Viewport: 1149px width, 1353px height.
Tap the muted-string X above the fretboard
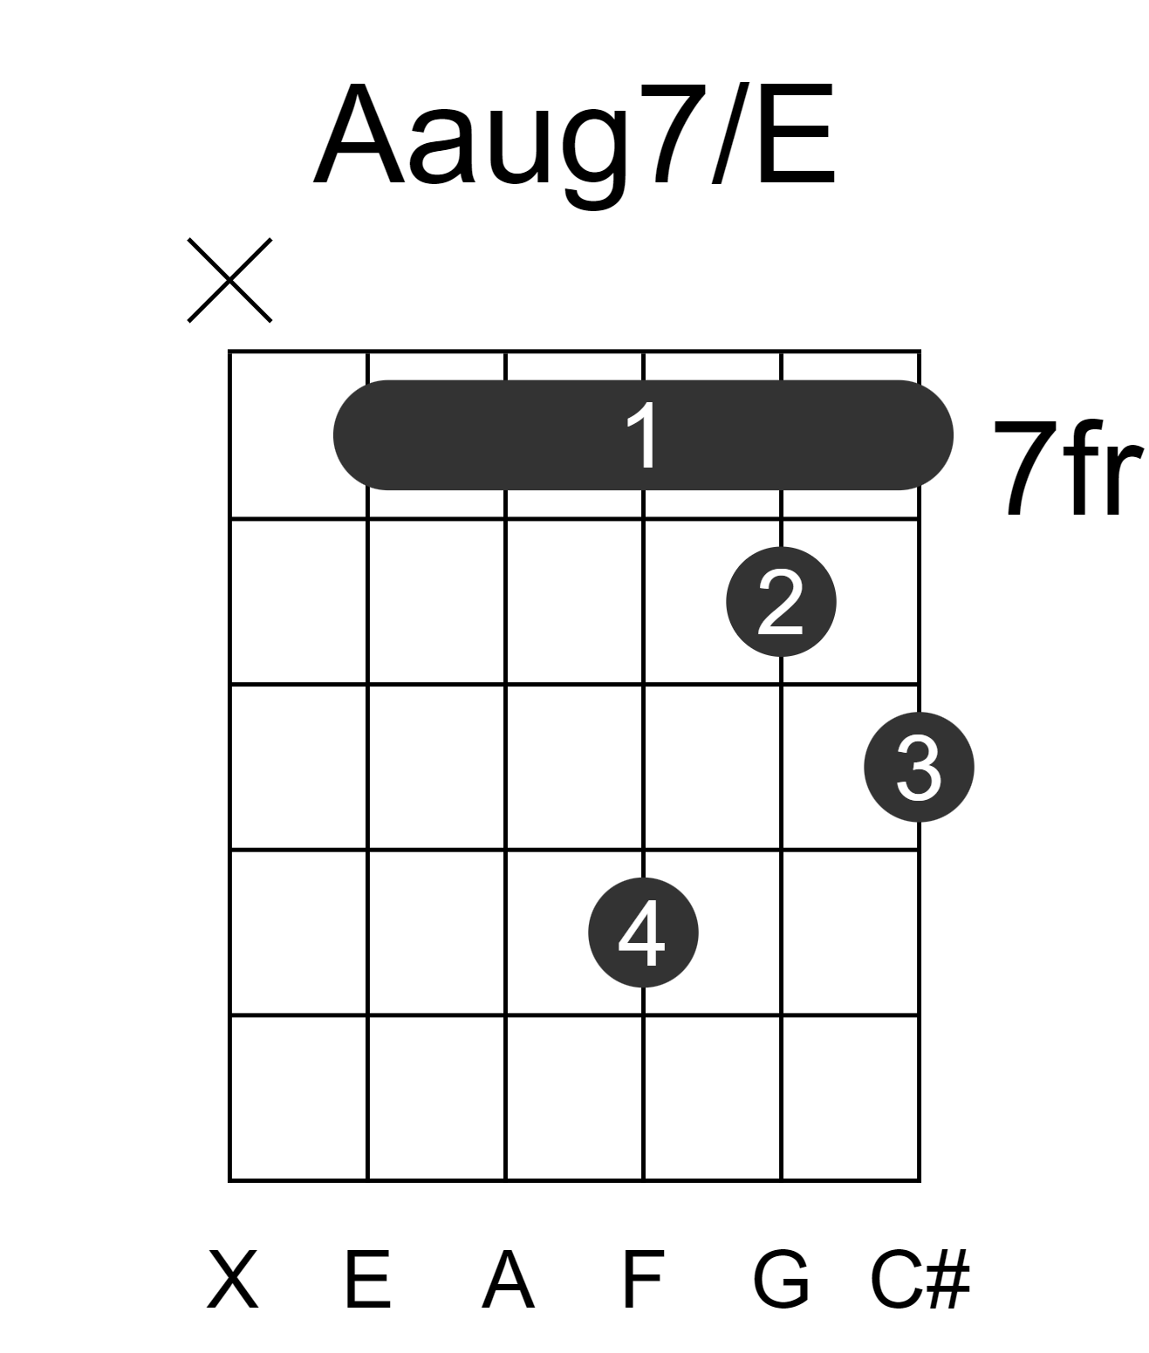tap(229, 280)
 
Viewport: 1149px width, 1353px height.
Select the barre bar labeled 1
tap(643, 434)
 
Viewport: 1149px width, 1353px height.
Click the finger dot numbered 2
tap(781, 602)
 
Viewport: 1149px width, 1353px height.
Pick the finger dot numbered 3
tap(920, 767)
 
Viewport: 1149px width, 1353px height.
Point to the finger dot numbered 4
tap(643, 933)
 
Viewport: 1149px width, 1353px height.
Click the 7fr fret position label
tap(1069, 468)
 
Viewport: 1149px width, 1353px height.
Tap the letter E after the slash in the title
tap(797, 134)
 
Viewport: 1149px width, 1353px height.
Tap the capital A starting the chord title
tap(359, 134)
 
